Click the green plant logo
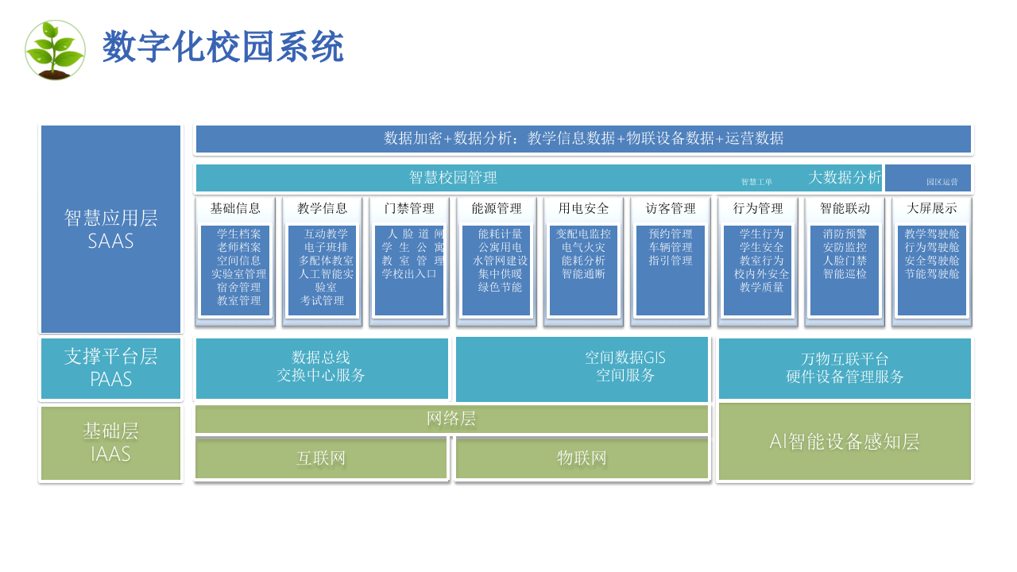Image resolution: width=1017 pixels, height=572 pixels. click(x=55, y=49)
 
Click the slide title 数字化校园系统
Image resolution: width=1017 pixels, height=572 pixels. click(x=223, y=48)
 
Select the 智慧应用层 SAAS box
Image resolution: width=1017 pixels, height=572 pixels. click(x=110, y=229)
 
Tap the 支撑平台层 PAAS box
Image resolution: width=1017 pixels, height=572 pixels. click(x=110, y=368)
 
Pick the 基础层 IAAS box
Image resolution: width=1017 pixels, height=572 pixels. click(x=110, y=443)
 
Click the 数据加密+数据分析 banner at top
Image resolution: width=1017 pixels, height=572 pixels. click(x=583, y=138)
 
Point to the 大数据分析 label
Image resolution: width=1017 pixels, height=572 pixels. click(x=845, y=177)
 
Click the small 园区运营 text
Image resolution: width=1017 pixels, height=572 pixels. click(x=942, y=182)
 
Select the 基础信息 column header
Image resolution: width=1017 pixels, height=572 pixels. click(x=235, y=208)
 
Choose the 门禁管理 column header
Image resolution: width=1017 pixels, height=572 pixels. click(x=409, y=208)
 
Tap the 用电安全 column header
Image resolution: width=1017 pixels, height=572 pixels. click(x=583, y=208)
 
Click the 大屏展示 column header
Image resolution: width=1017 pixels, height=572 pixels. click(x=932, y=208)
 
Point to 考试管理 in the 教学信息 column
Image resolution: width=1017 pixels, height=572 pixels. click(x=322, y=301)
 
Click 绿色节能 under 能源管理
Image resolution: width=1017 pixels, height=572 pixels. click(x=500, y=287)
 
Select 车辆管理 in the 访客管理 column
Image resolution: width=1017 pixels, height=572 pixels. click(x=670, y=247)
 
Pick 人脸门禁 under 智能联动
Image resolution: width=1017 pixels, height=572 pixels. click(x=845, y=261)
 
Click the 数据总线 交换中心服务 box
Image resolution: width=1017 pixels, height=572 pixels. click(x=321, y=366)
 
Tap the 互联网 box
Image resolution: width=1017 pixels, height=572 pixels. click(x=321, y=458)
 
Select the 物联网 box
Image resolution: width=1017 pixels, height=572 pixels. click(x=582, y=458)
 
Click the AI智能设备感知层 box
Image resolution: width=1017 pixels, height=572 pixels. click(x=845, y=442)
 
